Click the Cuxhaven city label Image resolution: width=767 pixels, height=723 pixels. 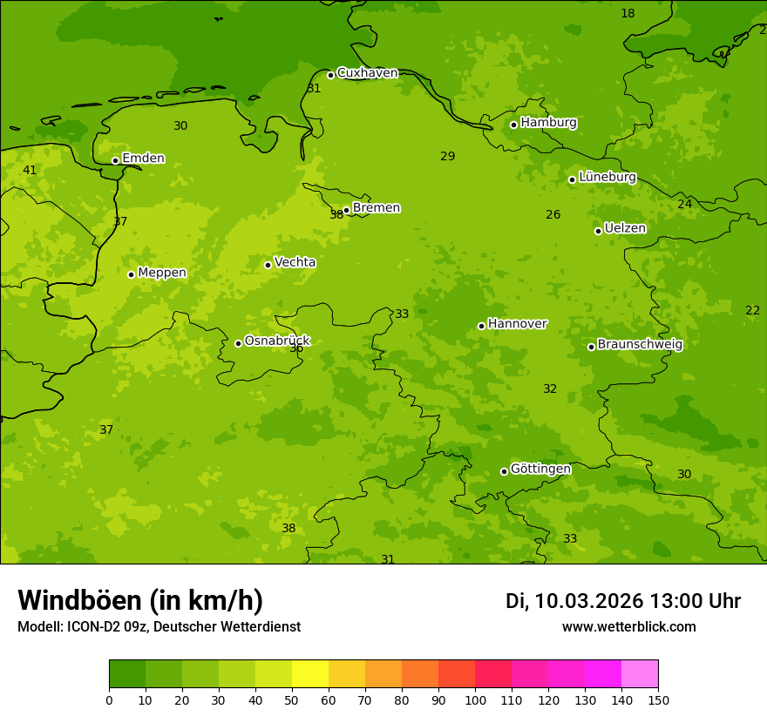(367, 73)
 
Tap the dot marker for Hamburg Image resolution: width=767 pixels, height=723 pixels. (513, 125)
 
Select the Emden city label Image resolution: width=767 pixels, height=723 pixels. (143, 159)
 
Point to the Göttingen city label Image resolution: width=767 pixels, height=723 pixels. (540, 470)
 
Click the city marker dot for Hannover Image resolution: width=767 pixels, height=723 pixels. (481, 326)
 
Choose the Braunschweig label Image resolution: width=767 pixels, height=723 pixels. (640, 345)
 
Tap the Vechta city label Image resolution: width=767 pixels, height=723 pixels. (295, 263)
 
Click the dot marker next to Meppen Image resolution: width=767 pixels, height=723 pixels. (131, 274)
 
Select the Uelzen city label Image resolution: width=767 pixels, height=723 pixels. (625, 229)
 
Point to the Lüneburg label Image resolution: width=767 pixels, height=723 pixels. (607, 178)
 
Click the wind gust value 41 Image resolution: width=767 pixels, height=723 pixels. (30, 171)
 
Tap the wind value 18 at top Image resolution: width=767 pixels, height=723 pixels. (628, 13)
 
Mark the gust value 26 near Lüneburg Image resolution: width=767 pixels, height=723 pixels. (553, 215)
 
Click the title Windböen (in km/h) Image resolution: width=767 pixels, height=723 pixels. (140, 600)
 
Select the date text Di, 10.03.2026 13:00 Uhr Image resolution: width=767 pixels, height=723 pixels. (622, 601)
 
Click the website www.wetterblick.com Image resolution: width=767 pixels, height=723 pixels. (628, 627)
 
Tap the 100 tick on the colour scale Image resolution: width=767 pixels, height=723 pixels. (475, 699)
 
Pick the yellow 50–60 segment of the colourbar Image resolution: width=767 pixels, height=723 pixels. (310, 674)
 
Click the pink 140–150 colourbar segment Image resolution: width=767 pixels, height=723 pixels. (640, 674)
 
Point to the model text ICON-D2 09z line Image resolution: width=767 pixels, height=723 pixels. (159, 627)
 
